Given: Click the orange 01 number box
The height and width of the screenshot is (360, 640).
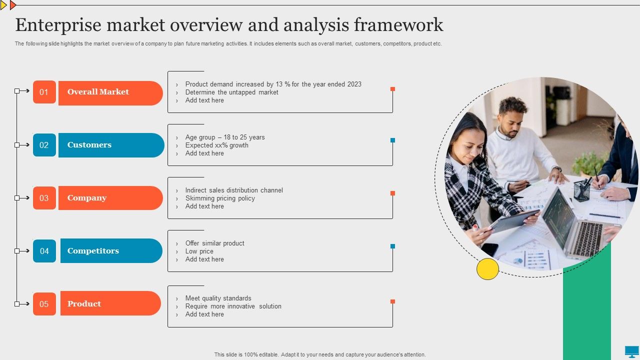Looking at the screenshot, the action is pyautogui.click(x=44, y=92).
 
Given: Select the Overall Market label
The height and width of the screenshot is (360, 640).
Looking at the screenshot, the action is pyautogui.click(x=110, y=93).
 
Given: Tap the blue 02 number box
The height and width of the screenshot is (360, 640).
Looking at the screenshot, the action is pyautogui.click(x=44, y=145).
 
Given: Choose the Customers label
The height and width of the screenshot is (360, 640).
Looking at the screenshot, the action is pyautogui.click(x=111, y=145).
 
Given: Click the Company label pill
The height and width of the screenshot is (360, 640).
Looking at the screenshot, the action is pyautogui.click(x=110, y=198).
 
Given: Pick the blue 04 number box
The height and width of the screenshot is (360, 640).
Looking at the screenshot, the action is pyautogui.click(x=44, y=251).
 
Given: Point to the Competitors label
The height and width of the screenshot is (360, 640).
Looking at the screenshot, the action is pyautogui.click(x=111, y=250).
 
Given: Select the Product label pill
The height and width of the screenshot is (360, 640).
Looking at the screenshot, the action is pyautogui.click(x=110, y=303).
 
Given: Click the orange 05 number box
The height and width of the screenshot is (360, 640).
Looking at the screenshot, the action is pyautogui.click(x=44, y=303).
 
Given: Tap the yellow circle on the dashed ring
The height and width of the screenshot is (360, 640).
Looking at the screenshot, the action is pyautogui.click(x=487, y=269).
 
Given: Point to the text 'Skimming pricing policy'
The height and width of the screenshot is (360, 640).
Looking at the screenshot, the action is pyautogui.click(x=220, y=198).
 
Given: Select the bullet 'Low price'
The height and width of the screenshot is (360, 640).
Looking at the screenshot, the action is pyautogui.click(x=199, y=251).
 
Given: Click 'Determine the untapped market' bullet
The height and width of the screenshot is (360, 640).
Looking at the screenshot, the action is pyautogui.click(x=231, y=92).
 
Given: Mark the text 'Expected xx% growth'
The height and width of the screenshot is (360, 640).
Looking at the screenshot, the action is pyautogui.click(x=216, y=145).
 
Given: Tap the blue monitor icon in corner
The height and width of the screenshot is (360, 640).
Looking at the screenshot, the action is pyautogui.click(x=631, y=351).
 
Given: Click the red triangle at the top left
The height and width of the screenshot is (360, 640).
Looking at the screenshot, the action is pyautogui.click(x=13, y=5).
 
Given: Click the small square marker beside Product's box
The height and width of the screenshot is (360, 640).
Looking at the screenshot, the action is pyautogui.click(x=392, y=301).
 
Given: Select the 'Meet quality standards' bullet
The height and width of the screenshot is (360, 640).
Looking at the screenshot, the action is pyautogui.click(x=218, y=298).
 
